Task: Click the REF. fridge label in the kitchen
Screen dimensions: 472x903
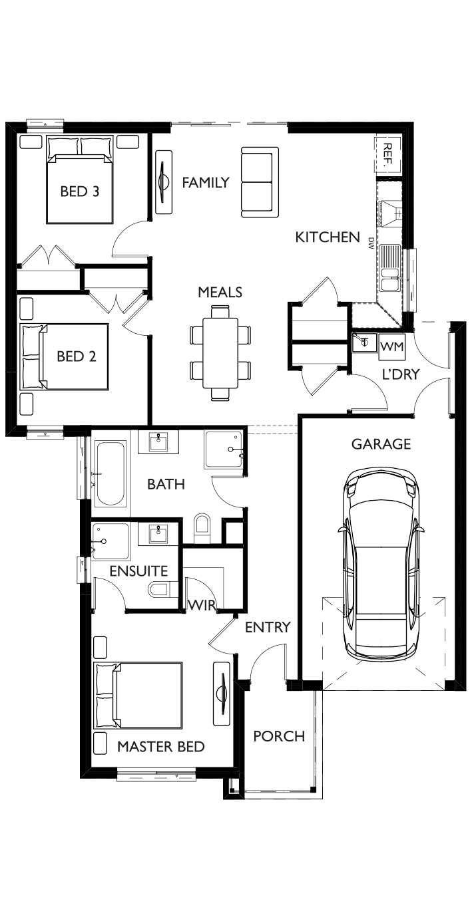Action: pyautogui.click(x=387, y=155)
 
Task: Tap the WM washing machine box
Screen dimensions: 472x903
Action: pyautogui.click(x=392, y=346)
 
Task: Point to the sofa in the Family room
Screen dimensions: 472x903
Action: pyautogui.click(x=260, y=182)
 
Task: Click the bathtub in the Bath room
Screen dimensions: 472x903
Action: pyautogui.click(x=110, y=473)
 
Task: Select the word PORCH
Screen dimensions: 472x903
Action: pyautogui.click(x=279, y=736)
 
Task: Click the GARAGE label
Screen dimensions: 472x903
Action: pyautogui.click(x=381, y=444)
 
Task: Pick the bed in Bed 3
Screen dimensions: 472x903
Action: pyautogui.click(x=79, y=180)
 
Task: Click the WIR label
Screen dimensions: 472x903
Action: pyautogui.click(x=202, y=605)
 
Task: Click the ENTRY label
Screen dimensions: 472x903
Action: pyautogui.click(x=268, y=627)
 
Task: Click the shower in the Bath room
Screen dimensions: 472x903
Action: pyautogui.click(x=224, y=450)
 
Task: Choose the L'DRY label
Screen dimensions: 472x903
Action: pyautogui.click(x=401, y=374)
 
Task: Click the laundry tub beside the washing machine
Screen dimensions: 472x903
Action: pyautogui.click(x=364, y=342)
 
